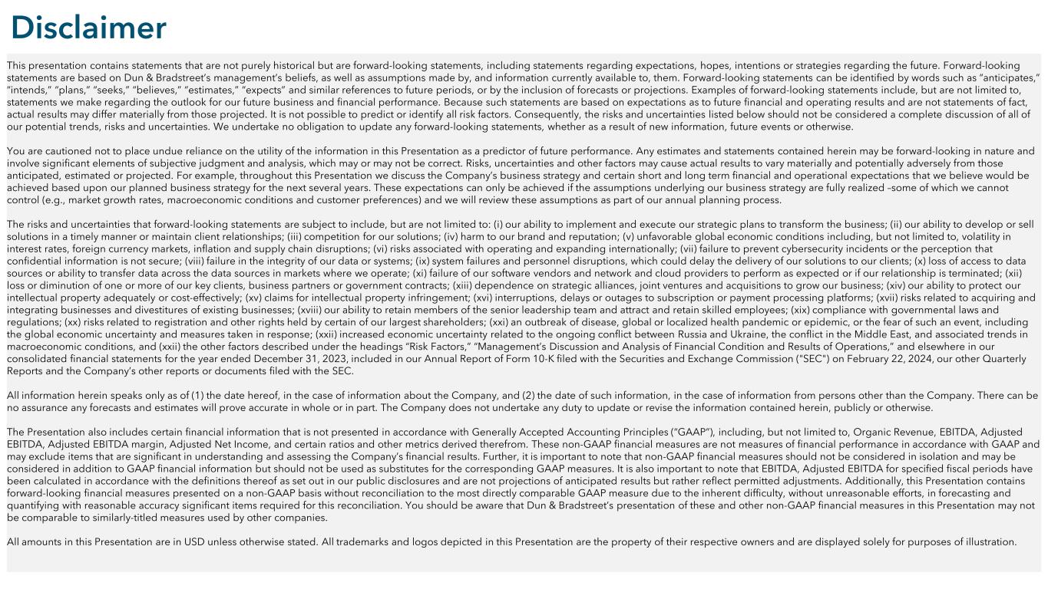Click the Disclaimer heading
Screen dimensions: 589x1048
tap(88, 28)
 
